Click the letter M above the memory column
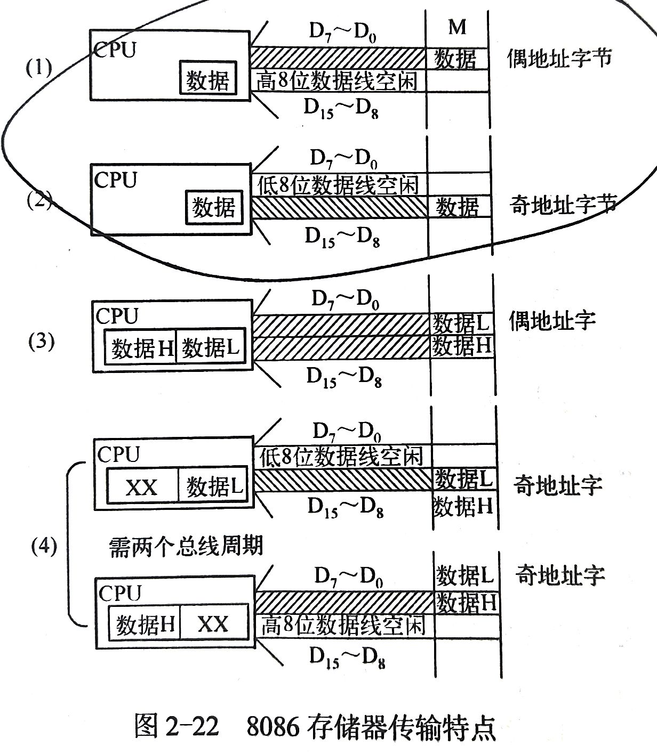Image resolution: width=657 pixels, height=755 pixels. [458, 27]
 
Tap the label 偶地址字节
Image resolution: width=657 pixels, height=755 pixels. [558, 58]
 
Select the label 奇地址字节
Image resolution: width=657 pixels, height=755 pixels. [563, 205]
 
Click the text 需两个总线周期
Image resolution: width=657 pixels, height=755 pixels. [186, 546]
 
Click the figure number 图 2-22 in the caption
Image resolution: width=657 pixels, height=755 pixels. [177, 727]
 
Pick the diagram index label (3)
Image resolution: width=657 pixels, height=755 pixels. [41, 342]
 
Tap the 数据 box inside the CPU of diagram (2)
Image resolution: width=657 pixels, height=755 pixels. [214, 207]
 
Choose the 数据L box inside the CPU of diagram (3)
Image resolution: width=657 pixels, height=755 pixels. [211, 348]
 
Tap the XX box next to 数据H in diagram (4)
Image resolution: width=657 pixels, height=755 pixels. [213, 623]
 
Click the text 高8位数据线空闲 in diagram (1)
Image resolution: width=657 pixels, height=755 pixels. [336, 80]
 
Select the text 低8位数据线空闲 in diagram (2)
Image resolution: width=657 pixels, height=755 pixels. [338, 185]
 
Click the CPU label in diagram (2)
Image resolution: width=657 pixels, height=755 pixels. [115, 180]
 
